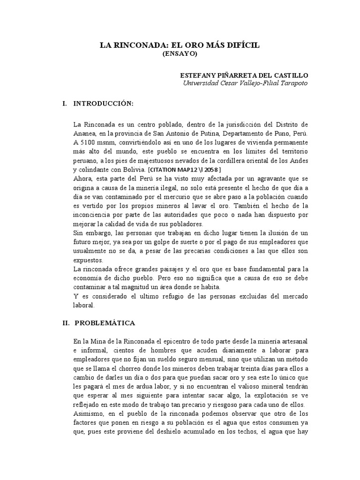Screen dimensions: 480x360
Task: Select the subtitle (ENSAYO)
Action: [x=180, y=54]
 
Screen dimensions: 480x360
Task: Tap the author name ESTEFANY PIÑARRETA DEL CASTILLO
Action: [x=245, y=75]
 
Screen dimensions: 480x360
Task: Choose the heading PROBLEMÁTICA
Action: [x=105, y=323]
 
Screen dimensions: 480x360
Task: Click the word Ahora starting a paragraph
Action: [x=82, y=178]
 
